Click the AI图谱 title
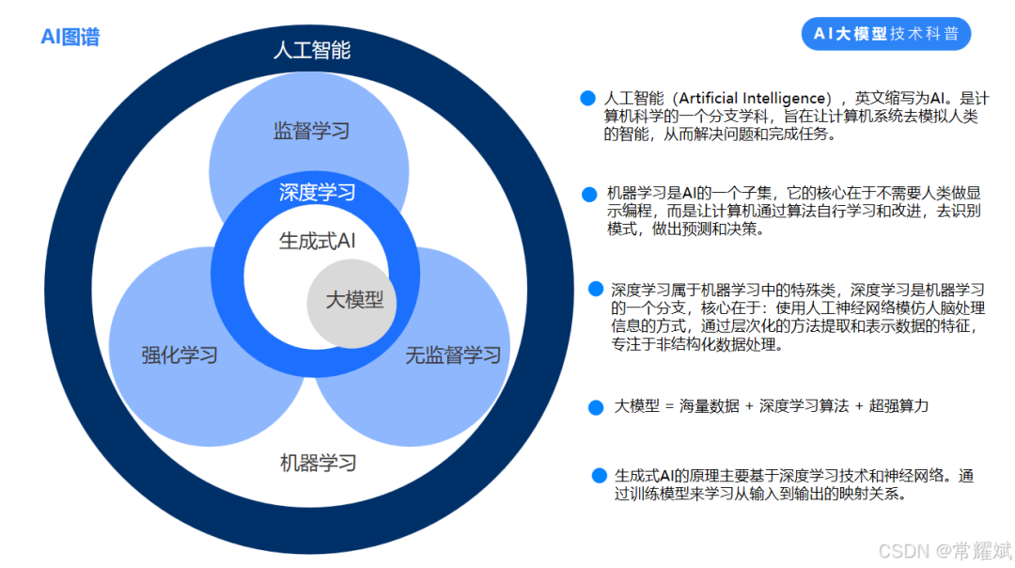pos(70,37)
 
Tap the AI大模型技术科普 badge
pos(886,34)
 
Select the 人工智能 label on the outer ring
pos(311,51)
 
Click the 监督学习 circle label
pos(311,131)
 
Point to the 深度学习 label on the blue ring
pos(318,193)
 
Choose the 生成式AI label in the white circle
pos(318,241)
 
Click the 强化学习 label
pos(180,355)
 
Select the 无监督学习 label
pos(453,355)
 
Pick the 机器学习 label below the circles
pos(319,463)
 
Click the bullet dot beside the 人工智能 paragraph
pos(588,98)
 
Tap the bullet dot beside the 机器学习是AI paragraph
pos(589,194)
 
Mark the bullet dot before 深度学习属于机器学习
pos(596,289)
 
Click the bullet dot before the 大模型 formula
pos(595,407)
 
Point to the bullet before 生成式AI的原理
pos(599,476)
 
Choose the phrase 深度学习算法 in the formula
pos(802,406)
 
